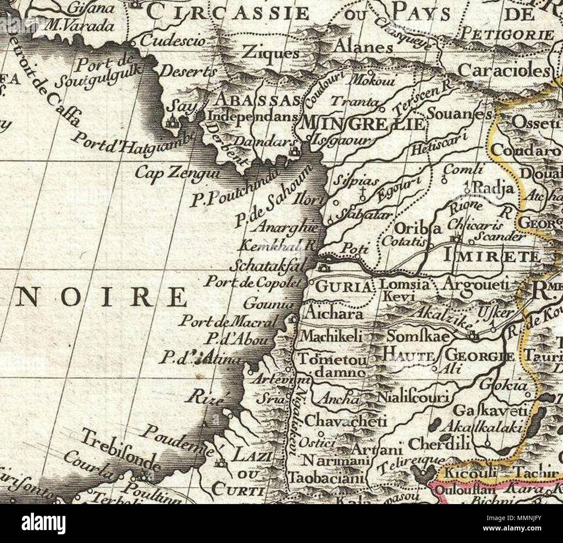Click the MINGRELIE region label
363,124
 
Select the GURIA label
343,286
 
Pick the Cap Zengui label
178,174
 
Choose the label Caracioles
504,70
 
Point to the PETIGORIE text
508,34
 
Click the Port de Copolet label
252,282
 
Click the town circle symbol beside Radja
467,189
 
